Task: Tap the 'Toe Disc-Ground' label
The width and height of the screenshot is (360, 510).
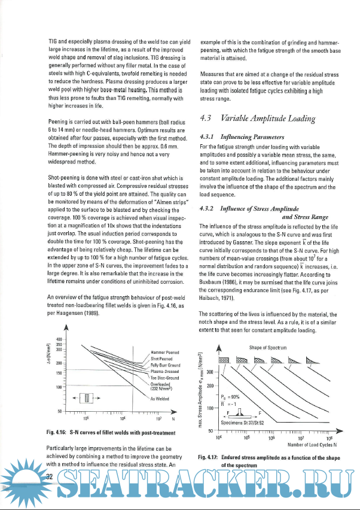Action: point(164,378)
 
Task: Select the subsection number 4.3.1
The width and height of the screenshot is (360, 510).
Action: point(209,136)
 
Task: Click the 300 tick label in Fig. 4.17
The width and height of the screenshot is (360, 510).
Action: point(210,372)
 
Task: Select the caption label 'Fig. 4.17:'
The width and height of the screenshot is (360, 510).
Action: point(209,457)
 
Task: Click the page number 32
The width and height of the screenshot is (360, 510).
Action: point(50,475)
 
